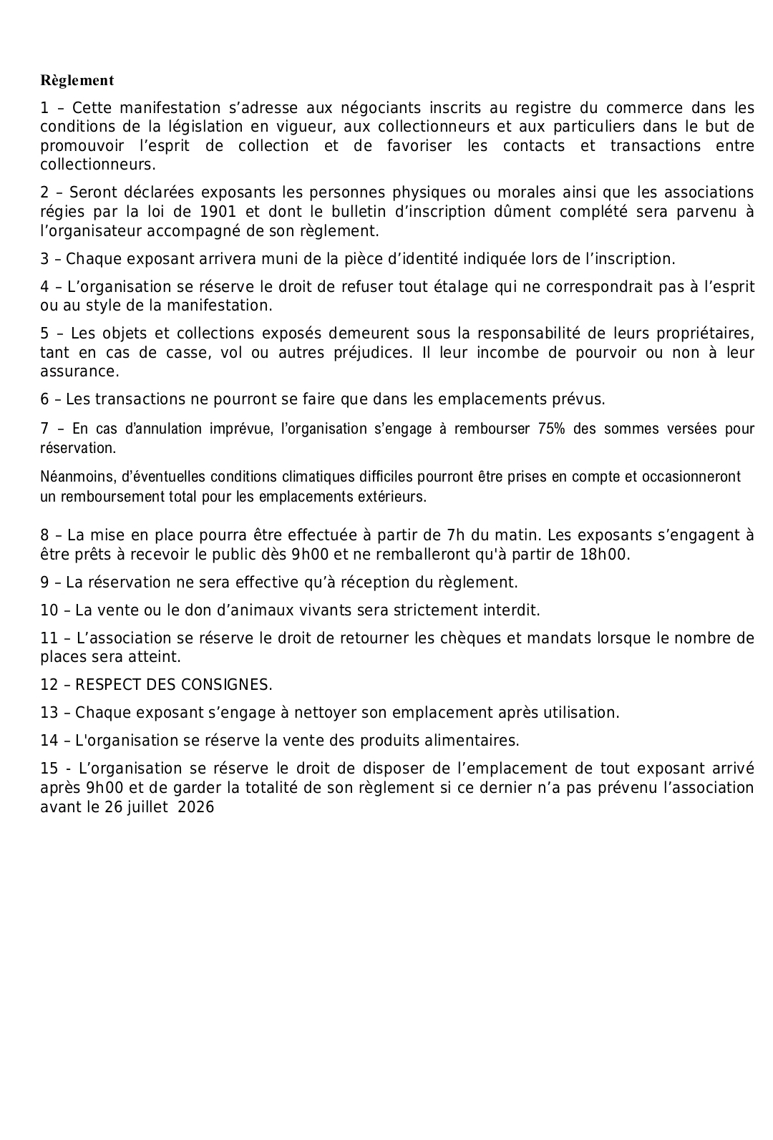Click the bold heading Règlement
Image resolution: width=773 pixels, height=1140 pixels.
pyautogui.click(x=77, y=80)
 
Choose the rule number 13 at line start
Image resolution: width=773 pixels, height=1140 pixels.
pyautogui.click(x=49, y=713)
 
